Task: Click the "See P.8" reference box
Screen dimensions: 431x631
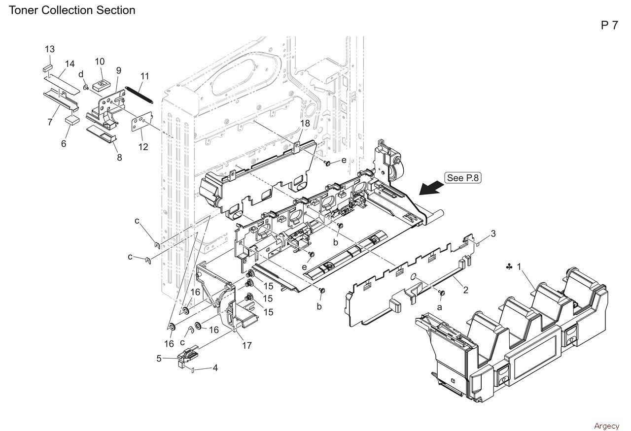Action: [x=463, y=178]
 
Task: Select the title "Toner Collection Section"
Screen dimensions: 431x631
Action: [x=72, y=10]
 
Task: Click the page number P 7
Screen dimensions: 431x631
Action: [x=609, y=26]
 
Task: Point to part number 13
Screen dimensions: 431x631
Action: [x=50, y=49]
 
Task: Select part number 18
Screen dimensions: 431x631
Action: [x=305, y=123]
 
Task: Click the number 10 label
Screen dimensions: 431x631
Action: [x=100, y=62]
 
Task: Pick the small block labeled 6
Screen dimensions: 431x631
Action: [x=72, y=119]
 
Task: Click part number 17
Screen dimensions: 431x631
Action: [x=247, y=345]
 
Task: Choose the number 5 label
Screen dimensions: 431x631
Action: [x=159, y=359]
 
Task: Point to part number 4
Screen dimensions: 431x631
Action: [x=215, y=367]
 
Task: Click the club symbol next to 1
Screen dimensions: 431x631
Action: [x=508, y=266]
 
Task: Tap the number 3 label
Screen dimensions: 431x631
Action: [x=493, y=233]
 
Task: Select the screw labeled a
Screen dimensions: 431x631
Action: [x=442, y=294]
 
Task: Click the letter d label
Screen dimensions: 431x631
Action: [x=80, y=74]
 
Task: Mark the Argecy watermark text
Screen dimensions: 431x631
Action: [x=606, y=426]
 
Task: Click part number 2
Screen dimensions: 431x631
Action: [x=465, y=290]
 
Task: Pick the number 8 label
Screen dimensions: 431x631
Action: [x=119, y=158]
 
